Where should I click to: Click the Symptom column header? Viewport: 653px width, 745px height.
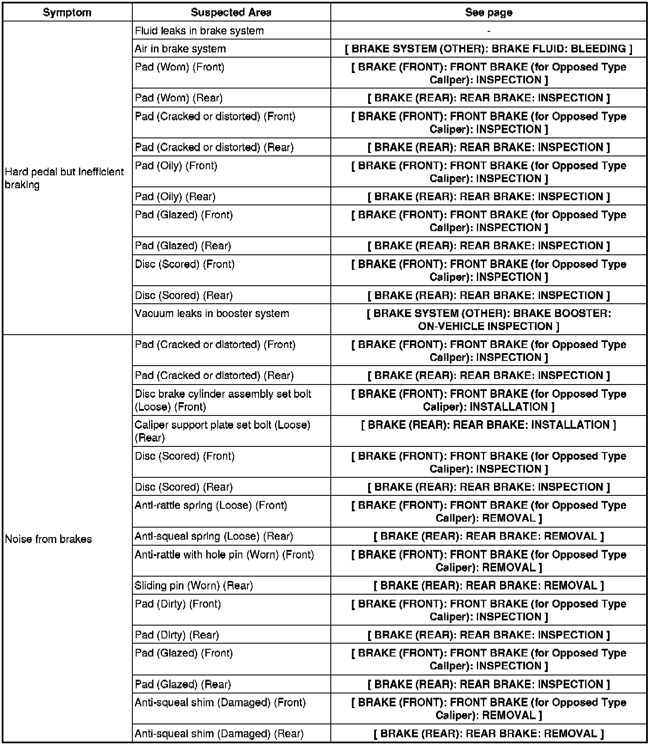click(x=67, y=12)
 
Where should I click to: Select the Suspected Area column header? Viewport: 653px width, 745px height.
click(x=231, y=12)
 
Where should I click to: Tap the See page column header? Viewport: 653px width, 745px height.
click(x=488, y=12)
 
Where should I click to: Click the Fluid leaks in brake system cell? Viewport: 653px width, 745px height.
click(x=199, y=31)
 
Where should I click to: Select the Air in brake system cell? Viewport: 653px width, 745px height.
click(x=180, y=49)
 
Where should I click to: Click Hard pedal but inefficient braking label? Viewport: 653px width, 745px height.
click(x=64, y=178)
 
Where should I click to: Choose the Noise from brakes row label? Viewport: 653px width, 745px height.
click(x=49, y=539)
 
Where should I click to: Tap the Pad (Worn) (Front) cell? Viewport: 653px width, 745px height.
click(x=180, y=67)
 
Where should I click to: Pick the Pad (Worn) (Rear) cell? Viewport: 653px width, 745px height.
click(x=179, y=98)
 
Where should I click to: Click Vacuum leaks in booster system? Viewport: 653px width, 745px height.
click(x=212, y=314)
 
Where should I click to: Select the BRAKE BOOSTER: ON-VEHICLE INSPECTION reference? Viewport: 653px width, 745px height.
click(x=488, y=320)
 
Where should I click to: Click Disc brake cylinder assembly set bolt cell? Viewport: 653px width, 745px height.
click(x=223, y=400)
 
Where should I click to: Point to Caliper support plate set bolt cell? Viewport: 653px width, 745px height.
click(x=223, y=431)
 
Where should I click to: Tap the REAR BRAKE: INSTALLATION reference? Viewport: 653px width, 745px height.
click(x=488, y=425)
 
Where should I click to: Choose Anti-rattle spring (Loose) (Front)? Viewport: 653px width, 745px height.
click(x=211, y=506)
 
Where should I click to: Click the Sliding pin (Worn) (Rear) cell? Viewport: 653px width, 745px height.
click(x=194, y=586)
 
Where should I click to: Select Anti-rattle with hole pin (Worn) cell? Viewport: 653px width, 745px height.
click(x=224, y=555)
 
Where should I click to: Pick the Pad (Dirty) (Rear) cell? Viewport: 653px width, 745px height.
click(x=177, y=635)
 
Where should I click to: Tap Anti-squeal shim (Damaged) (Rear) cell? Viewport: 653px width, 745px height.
click(x=219, y=734)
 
